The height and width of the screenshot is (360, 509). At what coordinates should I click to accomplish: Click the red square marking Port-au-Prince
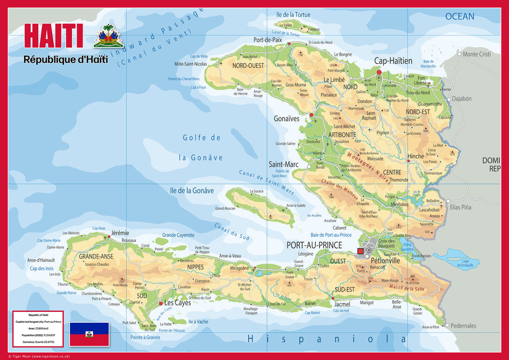[360, 252]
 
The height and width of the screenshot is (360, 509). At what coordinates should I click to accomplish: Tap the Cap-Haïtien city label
[393, 61]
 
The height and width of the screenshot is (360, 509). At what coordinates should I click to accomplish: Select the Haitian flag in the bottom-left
[89, 334]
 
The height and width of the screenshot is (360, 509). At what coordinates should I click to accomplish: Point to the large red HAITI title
[53, 36]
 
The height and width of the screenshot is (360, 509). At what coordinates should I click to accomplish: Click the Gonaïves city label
[287, 119]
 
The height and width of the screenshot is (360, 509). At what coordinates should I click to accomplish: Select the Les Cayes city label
[177, 302]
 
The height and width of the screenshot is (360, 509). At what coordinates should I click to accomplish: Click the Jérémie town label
[120, 233]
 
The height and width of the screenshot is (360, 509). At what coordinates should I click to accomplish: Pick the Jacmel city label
[342, 304]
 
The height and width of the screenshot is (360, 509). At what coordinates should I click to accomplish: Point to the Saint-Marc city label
[283, 164]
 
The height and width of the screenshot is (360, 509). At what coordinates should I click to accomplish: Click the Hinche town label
[416, 156]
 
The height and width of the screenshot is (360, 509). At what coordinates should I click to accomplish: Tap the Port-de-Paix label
[268, 40]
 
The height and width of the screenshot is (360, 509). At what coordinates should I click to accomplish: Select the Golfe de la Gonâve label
[201, 148]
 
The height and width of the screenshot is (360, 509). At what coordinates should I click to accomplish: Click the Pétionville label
[385, 260]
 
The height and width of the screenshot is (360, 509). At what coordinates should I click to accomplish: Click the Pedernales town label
[463, 326]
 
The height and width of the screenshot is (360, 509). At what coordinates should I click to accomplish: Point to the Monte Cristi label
[477, 54]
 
